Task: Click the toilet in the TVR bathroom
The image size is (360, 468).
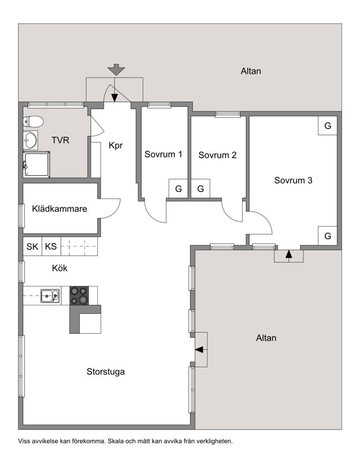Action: [x=33, y=121]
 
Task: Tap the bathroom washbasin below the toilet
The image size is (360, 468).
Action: [x=31, y=140]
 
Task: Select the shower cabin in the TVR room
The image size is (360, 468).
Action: [x=37, y=164]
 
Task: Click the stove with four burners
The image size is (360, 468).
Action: [x=79, y=295]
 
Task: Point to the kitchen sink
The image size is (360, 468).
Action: [x=50, y=296]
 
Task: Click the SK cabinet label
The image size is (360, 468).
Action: [x=32, y=246]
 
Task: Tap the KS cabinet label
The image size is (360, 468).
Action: [x=51, y=246]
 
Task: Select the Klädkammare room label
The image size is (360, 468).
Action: [x=59, y=209]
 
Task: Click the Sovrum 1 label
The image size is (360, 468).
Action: [x=163, y=154]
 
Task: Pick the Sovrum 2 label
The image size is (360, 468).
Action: [x=217, y=155]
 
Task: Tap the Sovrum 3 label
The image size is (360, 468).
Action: [x=293, y=180]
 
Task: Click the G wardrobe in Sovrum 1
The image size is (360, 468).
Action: [x=178, y=188]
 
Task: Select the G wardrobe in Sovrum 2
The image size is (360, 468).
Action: [x=200, y=188]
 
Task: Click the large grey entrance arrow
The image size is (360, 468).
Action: [x=116, y=70]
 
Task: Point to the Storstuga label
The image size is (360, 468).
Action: [x=105, y=372]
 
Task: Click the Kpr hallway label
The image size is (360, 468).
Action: [x=116, y=145]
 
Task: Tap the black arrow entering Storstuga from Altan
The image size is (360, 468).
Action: [x=199, y=349]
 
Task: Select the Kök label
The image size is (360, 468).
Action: [x=59, y=268]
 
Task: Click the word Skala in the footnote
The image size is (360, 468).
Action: [x=115, y=441]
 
